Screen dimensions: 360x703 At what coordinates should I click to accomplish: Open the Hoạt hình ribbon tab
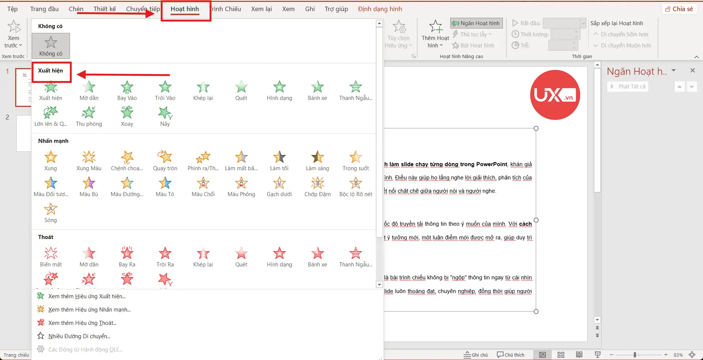(x=185, y=9)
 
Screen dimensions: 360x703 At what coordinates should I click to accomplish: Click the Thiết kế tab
(x=105, y=9)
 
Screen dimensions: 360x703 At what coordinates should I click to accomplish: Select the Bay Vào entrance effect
(x=127, y=90)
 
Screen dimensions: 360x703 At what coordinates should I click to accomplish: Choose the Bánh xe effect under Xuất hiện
(x=317, y=90)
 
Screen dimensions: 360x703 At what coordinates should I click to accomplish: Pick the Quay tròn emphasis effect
(x=165, y=161)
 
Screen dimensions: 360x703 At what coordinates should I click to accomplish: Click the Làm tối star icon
(x=279, y=157)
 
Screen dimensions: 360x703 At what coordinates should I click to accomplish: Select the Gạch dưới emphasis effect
(x=279, y=186)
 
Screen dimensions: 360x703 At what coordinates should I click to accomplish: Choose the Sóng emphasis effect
(x=51, y=212)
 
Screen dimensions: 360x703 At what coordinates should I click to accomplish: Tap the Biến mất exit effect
(x=51, y=257)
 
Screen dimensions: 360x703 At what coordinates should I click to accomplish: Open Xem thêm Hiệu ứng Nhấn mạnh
(x=89, y=310)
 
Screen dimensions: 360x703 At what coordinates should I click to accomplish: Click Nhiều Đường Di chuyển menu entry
(x=79, y=336)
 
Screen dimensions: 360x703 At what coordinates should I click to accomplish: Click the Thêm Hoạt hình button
(x=435, y=34)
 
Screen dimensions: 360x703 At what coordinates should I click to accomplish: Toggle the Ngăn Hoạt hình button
(x=476, y=23)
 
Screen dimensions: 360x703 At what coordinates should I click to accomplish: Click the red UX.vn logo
(x=555, y=95)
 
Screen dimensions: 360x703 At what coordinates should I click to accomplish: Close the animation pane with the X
(x=693, y=71)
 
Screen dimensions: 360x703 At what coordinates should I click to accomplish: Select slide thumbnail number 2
(x=24, y=133)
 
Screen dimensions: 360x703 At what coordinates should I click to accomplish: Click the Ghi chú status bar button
(x=476, y=355)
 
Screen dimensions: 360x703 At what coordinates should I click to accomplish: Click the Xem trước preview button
(x=14, y=34)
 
